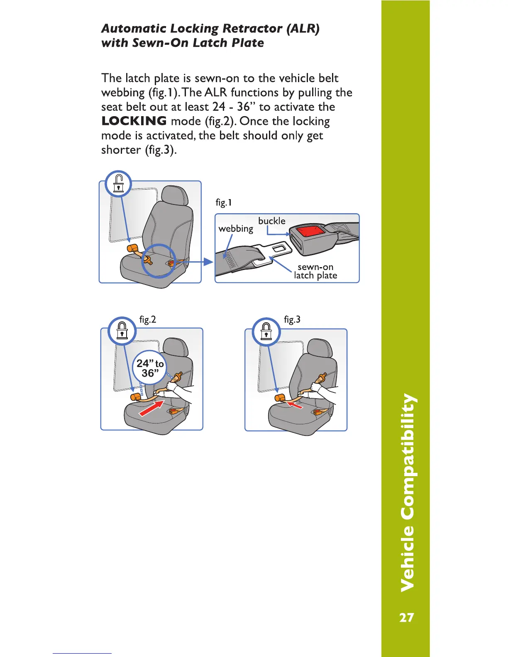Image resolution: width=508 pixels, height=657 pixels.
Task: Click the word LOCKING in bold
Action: click(134, 121)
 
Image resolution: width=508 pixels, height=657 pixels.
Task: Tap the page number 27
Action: click(406, 618)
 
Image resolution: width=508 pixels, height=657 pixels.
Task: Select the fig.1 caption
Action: click(224, 202)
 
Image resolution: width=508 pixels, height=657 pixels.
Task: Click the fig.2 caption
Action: click(147, 319)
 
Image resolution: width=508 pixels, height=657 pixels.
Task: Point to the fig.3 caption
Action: click(292, 319)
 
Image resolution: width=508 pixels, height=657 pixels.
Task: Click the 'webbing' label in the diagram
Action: click(235, 229)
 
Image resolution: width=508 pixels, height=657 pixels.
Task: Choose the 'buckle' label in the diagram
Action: click(271, 221)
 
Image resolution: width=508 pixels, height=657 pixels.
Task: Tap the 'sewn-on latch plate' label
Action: click(315, 271)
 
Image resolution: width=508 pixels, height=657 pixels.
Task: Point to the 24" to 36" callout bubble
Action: click(149, 368)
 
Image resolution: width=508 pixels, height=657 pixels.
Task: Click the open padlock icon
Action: click(119, 184)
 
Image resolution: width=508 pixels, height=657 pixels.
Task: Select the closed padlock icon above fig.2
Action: click(122, 331)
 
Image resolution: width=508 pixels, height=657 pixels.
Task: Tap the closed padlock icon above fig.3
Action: click(266, 331)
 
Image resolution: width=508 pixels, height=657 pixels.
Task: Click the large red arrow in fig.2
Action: click(151, 407)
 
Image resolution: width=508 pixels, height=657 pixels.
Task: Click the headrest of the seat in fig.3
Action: click(320, 349)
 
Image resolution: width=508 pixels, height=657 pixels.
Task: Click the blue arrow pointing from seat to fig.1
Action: click(202, 262)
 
